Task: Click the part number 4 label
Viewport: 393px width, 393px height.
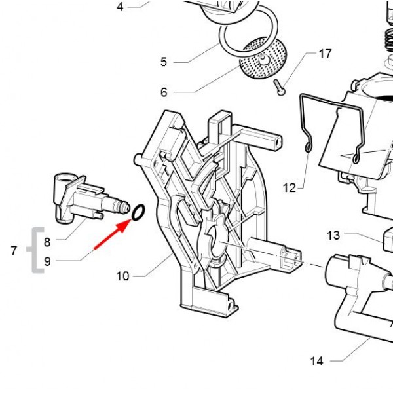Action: (x=120, y=7)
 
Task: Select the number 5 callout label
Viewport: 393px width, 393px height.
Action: (x=164, y=62)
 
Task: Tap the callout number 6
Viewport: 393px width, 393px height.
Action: (x=164, y=92)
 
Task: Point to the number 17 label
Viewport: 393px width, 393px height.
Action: (x=325, y=54)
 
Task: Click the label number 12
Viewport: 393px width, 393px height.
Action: (x=290, y=189)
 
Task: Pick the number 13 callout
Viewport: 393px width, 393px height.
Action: (x=334, y=235)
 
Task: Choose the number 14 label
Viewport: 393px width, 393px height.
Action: (x=317, y=361)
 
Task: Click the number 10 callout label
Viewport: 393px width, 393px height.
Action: (x=122, y=276)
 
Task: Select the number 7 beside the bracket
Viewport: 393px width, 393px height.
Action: (x=14, y=250)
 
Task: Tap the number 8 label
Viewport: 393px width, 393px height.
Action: (x=47, y=242)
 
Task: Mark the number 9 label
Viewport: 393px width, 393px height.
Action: (x=47, y=261)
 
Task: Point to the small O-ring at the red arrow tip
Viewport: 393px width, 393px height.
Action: (x=138, y=212)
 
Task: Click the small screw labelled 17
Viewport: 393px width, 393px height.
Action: (x=279, y=86)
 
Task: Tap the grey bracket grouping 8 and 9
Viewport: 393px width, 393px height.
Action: (x=33, y=250)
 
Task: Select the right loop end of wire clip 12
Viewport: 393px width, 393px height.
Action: (x=356, y=158)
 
